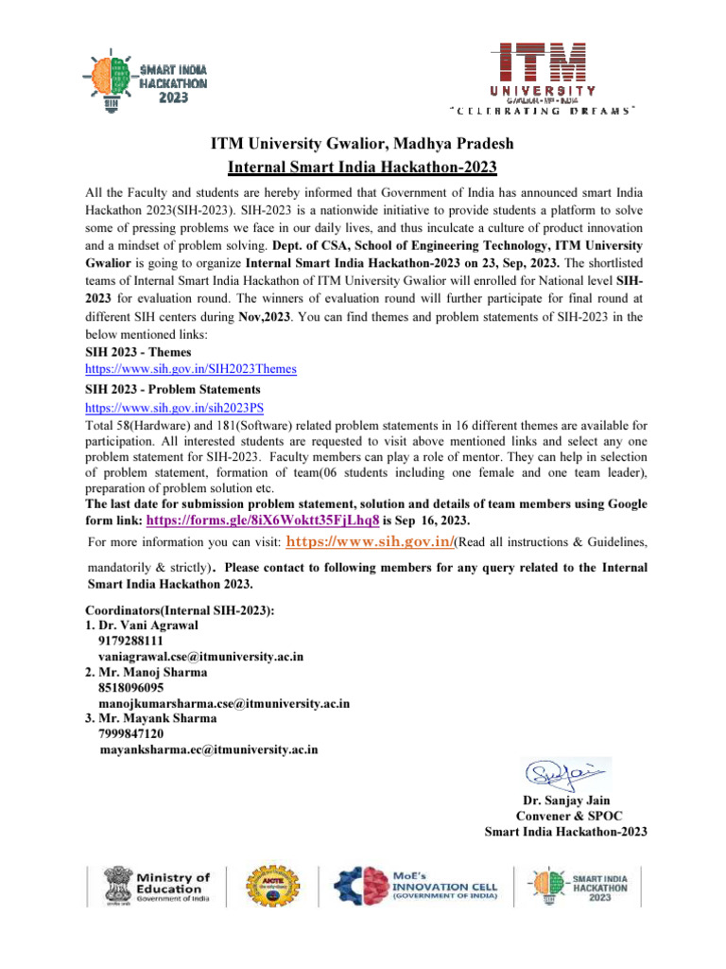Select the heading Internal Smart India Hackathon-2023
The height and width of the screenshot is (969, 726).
pos(362,167)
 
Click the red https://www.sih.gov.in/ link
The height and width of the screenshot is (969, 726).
pos(370,542)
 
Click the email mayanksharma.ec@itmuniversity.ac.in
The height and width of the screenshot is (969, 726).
pos(208,749)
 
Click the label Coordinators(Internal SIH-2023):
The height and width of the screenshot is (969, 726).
pos(180,610)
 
